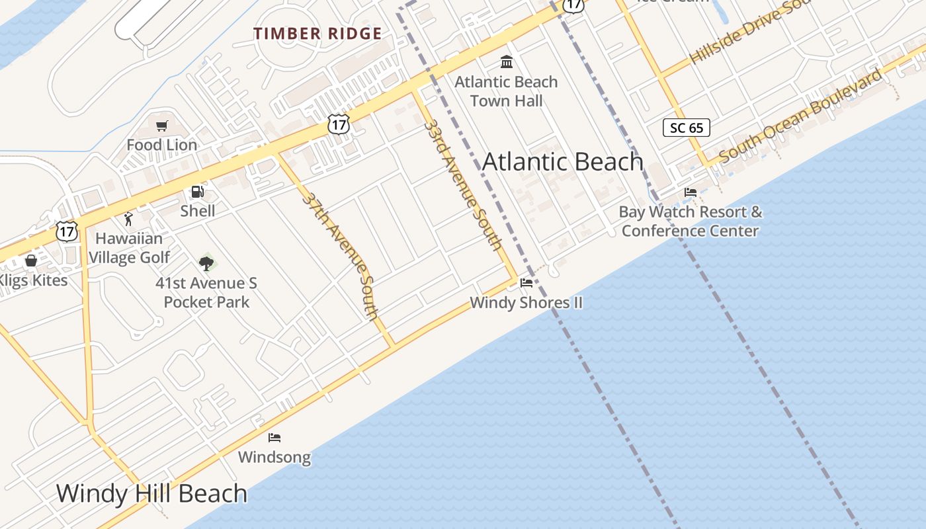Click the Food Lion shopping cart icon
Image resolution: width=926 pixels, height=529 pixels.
(x=162, y=126)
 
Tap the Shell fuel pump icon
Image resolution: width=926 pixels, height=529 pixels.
(x=197, y=192)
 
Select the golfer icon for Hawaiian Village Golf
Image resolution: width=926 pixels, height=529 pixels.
(x=128, y=219)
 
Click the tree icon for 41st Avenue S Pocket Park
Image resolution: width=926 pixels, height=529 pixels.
(x=206, y=263)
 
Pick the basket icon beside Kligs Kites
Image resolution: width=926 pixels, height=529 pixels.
(x=30, y=261)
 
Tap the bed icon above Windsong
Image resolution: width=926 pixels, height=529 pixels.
(x=274, y=438)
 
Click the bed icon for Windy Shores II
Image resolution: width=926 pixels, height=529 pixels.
(x=526, y=283)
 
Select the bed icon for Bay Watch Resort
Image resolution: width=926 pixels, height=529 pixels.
(x=691, y=192)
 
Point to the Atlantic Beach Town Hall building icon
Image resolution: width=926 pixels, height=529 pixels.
(x=507, y=62)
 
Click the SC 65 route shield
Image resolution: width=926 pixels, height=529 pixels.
(x=687, y=128)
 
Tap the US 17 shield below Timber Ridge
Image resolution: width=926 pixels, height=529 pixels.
(x=338, y=124)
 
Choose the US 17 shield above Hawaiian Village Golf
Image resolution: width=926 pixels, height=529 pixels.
(x=67, y=231)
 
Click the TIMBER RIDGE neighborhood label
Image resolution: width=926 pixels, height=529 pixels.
(x=317, y=34)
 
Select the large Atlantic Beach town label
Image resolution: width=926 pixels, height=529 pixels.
(x=563, y=162)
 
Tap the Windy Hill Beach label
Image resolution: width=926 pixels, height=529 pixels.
(x=151, y=493)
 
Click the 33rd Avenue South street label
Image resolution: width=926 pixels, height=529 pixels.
(x=462, y=184)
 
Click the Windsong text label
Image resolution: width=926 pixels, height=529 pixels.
(x=274, y=457)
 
